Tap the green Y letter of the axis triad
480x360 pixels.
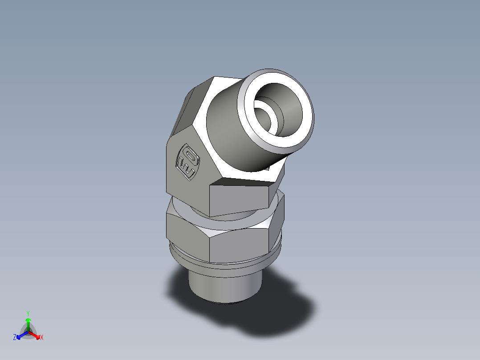coord(28,313)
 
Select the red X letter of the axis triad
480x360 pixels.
coord(42,338)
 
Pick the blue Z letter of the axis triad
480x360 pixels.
coord(15,338)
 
